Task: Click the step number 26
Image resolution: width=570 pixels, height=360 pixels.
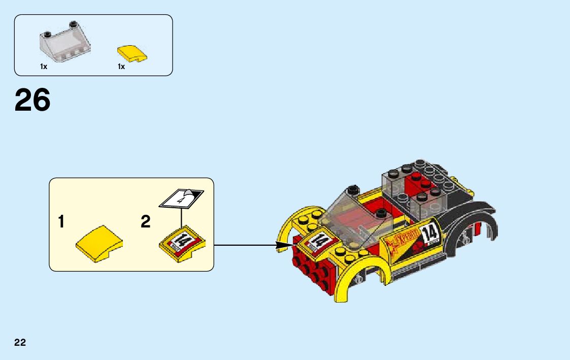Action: (x=32, y=100)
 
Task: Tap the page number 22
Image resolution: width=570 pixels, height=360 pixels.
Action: (x=20, y=342)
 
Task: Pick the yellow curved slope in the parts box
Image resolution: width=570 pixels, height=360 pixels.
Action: (x=131, y=53)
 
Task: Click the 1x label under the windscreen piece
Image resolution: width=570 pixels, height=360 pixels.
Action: (x=44, y=67)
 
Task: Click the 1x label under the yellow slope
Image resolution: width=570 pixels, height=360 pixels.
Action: (x=121, y=67)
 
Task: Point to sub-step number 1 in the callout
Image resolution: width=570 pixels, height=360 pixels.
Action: (x=61, y=222)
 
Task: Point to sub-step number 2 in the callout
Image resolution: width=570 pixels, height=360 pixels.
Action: (x=146, y=222)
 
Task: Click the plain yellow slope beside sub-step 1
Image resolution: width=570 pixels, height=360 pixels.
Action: (x=99, y=244)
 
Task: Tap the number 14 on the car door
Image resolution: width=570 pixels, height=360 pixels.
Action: (x=429, y=234)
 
